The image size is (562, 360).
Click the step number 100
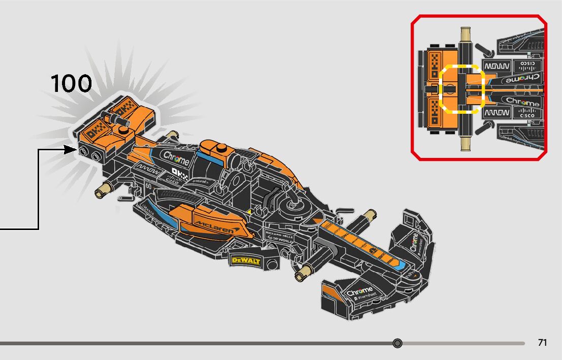[x=71, y=83]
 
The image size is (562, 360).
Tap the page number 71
[x=542, y=343]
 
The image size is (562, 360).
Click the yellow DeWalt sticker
[x=245, y=260]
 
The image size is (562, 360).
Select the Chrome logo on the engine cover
[x=176, y=158]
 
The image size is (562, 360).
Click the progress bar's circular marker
[x=397, y=344]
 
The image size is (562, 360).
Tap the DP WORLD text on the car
[x=278, y=239]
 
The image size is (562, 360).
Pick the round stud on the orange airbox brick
[x=221, y=148]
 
